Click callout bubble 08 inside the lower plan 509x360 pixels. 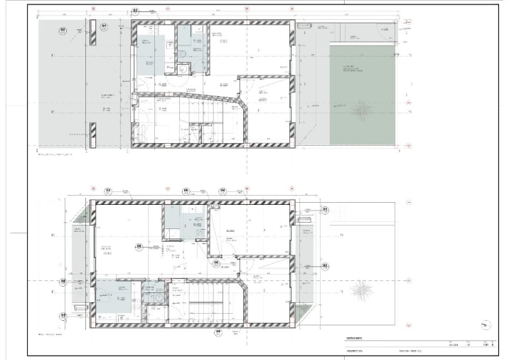[x=139, y=247]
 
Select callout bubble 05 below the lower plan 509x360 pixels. [x=218, y=332]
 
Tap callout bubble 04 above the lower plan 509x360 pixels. [x=222, y=191]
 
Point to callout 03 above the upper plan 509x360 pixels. [x=135, y=11]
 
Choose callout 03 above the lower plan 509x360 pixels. [x=109, y=191]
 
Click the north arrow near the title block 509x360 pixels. [x=486, y=324]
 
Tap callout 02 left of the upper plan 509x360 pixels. [x=63, y=30]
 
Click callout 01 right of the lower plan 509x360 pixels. [x=325, y=210]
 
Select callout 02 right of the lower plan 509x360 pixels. [x=325, y=265]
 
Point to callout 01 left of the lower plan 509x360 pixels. [x=63, y=314]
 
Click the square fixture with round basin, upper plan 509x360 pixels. [x=183, y=68]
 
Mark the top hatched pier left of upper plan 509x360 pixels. [x=92, y=28]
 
